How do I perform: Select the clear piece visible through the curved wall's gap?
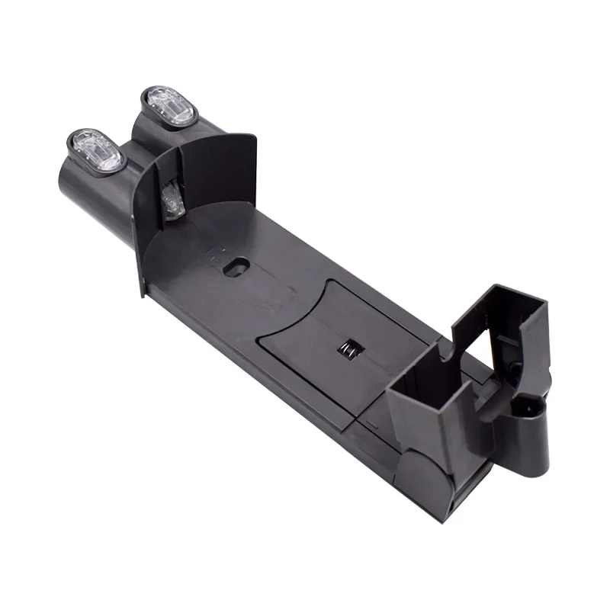[172, 197]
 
